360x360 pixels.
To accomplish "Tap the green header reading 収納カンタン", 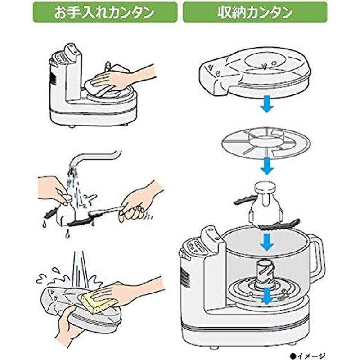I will (x=255, y=12).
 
